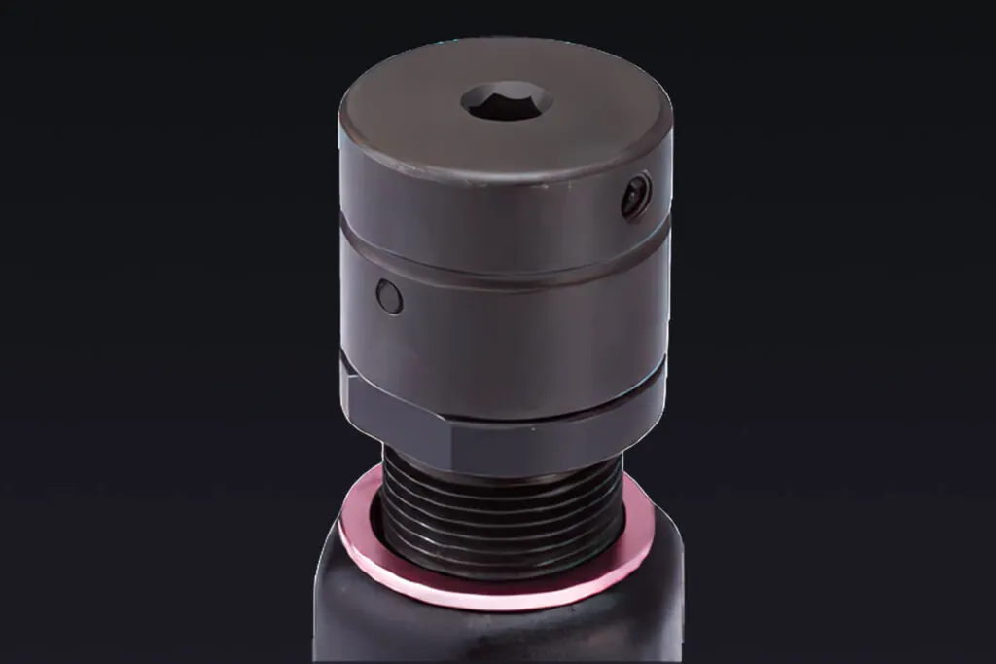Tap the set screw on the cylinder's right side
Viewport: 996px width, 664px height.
pyautogui.click(x=637, y=195)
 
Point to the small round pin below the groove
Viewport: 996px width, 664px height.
pyautogui.click(x=389, y=297)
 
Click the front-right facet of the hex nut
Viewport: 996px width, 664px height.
pyautogui.click(x=554, y=433)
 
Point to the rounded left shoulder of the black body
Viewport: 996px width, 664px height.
pyautogui.click(x=331, y=565)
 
